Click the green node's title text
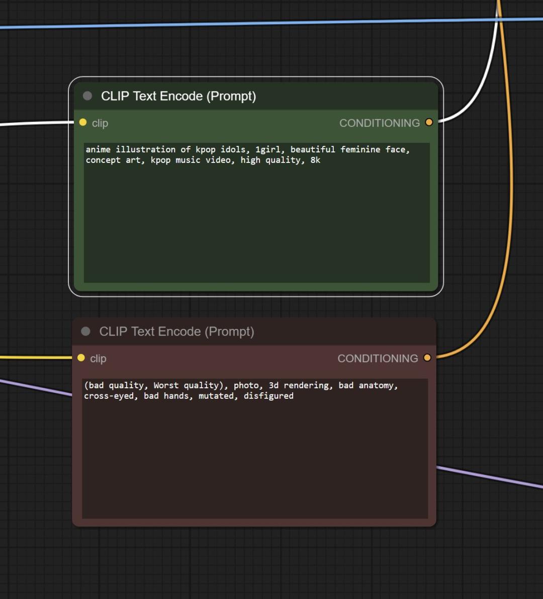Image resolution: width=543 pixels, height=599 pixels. [178, 96]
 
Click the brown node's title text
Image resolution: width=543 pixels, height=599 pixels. [177, 331]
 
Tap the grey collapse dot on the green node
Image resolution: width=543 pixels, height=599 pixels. [87, 96]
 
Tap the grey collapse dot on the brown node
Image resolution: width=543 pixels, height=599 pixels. [85, 331]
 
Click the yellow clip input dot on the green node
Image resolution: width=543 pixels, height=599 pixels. [83, 122]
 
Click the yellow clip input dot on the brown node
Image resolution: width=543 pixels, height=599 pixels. [81, 358]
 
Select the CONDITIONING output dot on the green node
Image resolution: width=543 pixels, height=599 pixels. [429, 122]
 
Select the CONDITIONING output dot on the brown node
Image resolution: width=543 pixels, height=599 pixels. [427, 358]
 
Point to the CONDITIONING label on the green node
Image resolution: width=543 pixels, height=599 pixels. [380, 123]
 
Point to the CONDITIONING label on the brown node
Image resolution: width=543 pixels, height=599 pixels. [378, 358]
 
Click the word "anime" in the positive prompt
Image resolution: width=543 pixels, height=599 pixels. [98, 149]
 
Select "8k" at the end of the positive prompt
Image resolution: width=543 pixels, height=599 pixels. [315, 160]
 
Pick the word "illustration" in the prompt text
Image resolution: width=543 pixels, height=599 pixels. [146, 149]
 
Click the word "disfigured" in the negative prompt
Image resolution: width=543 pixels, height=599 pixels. [269, 396]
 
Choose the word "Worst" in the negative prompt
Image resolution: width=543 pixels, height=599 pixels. [166, 385]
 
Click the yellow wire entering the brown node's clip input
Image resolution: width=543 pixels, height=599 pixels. [36, 358]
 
